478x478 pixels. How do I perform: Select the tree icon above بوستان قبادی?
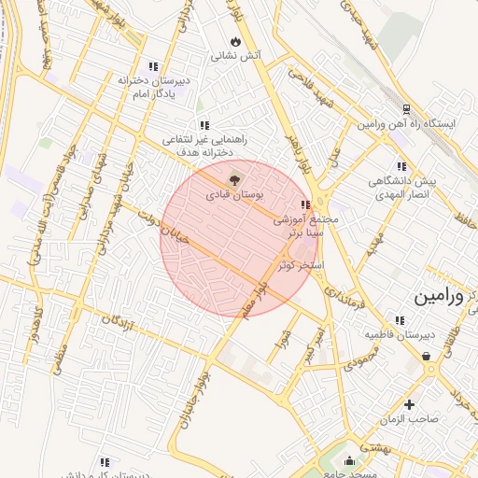click(x=233, y=179)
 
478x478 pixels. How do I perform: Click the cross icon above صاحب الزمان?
click(x=409, y=404)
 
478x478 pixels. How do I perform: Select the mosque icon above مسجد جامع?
click(x=350, y=460)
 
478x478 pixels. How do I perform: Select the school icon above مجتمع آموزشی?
click(x=304, y=204)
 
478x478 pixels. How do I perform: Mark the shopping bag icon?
click(x=427, y=356)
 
